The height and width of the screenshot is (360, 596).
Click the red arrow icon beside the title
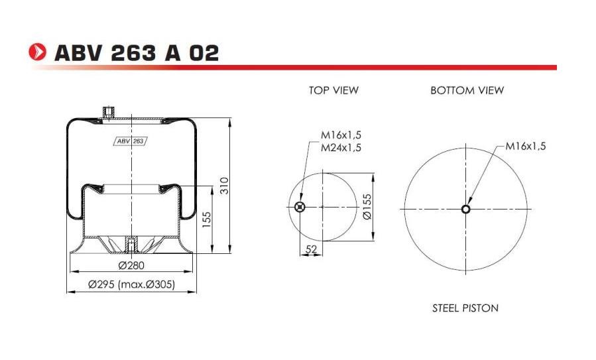tap(38, 52)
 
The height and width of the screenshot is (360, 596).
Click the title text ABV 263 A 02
tap(136, 52)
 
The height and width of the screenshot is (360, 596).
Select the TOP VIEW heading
tap(333, 90)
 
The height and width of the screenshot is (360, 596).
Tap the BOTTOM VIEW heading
tap(467, 90)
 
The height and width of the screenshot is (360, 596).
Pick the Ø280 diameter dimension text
tap(132, 265)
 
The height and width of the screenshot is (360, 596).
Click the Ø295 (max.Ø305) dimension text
tap(131, 284)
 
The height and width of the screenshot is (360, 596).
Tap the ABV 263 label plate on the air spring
tap(131, 141)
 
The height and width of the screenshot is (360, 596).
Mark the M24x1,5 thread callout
tap(341, 148)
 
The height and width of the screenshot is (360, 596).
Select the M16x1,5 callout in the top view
tap(341, 136)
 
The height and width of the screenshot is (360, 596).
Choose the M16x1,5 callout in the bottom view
tap(525, 147)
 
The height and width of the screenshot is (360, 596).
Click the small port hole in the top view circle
tap(300, 208)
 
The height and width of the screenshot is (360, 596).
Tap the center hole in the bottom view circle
tap(466, 210)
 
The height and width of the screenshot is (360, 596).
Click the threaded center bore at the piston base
tap(131, 244)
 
